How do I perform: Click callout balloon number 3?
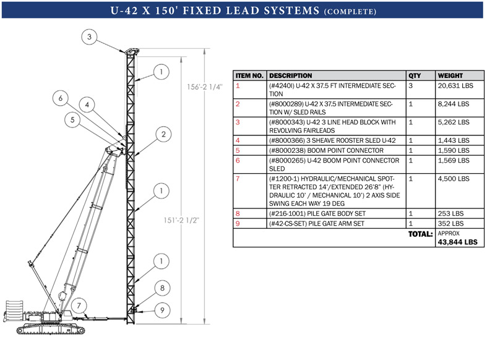pyautogui.click(x=89, y=37)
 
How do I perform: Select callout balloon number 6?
pyautogui.click(x=60, y=98)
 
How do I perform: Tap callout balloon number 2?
pyautogui.click(x=163, y=134)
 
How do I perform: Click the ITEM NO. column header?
pyautogui.click(x=249, y=75)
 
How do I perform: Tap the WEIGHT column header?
pyautogui.click(x=450, y=75)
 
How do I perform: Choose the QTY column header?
pyautogui.click(x=415, y=75)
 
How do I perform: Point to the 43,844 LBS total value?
pyautogui.click(x=457, y=242)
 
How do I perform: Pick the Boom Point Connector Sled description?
pyautogui.click(x=334, y=165)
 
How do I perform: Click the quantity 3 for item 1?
pyautogui.click(x=411, y=86)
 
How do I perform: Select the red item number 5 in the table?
pyautogui.click(x=238, y=150)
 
